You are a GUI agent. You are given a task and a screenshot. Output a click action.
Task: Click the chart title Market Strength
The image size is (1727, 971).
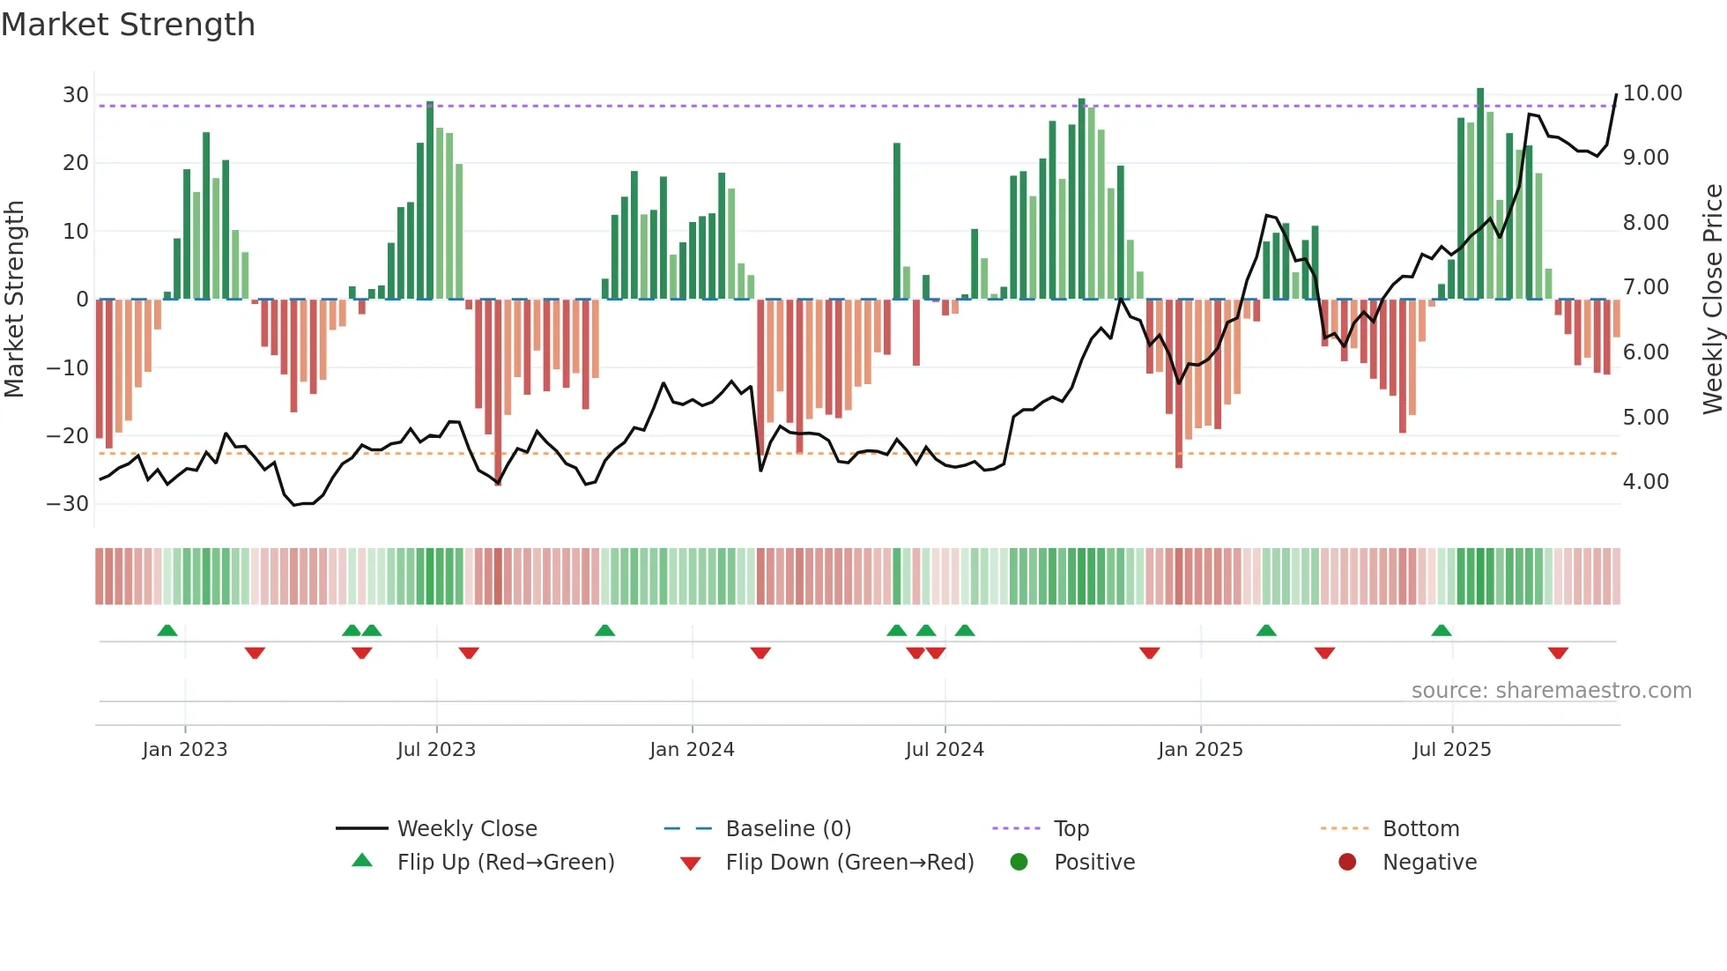128,25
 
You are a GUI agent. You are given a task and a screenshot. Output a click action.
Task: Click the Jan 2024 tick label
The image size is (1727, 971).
692,750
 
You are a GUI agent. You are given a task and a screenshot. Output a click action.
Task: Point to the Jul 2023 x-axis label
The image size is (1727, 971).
436,750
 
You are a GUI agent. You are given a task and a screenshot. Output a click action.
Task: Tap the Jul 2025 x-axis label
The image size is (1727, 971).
1451,750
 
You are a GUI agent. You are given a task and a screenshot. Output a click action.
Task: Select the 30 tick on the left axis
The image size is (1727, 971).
76,95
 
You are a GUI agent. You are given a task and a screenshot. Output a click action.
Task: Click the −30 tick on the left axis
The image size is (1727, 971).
68,504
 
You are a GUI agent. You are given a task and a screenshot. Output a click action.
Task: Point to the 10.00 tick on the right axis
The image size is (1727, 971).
1652,93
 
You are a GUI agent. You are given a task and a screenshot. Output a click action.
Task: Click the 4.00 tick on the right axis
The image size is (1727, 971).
1645,482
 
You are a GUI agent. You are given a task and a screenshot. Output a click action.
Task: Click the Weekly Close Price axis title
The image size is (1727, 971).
1712,300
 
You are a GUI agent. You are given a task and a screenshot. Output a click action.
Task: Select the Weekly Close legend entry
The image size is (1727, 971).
466,829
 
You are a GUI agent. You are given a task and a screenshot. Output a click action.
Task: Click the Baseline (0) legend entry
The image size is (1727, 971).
788,829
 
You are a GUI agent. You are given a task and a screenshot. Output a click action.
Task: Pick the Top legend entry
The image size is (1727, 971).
1071,829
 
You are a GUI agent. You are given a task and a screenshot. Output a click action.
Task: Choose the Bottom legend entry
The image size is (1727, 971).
1420,829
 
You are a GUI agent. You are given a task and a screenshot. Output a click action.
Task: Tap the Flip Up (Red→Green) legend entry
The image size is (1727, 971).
505,863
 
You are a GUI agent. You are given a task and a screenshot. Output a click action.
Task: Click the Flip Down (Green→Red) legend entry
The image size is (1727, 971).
849,863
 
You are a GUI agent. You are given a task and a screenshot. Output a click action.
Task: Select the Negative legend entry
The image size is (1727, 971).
1428,863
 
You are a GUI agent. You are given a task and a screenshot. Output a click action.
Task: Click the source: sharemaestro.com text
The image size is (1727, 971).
1551,691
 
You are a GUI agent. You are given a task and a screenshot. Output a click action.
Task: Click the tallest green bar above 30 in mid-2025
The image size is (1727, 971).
1480,194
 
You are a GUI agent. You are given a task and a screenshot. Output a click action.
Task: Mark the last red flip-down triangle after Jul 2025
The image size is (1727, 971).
1558,653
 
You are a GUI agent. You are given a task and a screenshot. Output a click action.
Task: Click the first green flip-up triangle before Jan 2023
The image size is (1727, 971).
167,630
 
